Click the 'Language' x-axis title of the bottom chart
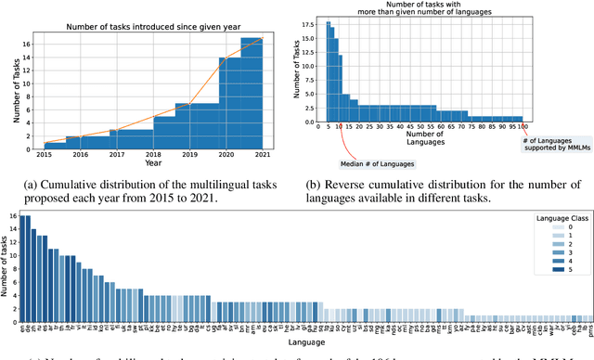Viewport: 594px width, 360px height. (x=300, y=341)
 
